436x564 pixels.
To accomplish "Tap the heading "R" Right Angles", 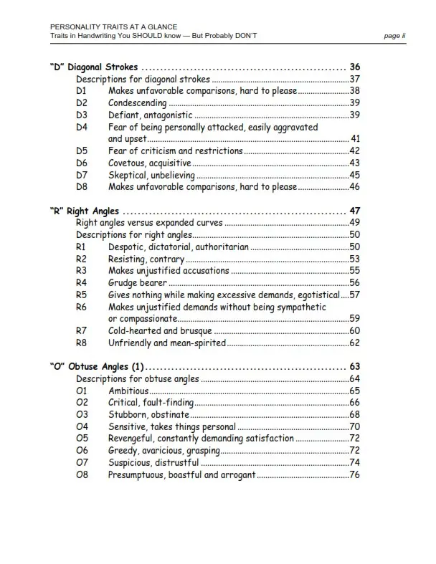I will tap(85, 211).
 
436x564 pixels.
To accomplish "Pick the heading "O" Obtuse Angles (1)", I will tap(97, 366).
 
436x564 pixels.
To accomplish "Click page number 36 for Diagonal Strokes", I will tap(354, 67).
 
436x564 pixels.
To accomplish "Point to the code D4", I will tap(82, 127).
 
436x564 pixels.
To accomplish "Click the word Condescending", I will tap(138, 103).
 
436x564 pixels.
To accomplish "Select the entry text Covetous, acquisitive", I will tap(150, 163).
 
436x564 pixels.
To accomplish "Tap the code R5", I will tap(82, 295).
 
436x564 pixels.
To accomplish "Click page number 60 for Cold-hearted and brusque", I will tap(354, 331).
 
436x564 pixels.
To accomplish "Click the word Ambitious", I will tap(128, 391).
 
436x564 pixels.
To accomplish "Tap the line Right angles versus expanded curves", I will tap(149, 223).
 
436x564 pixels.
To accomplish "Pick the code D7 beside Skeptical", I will tap(82, 175).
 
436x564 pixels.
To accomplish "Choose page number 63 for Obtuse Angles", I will tap(354, 366).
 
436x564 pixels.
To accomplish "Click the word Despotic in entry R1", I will tap(127, 247).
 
